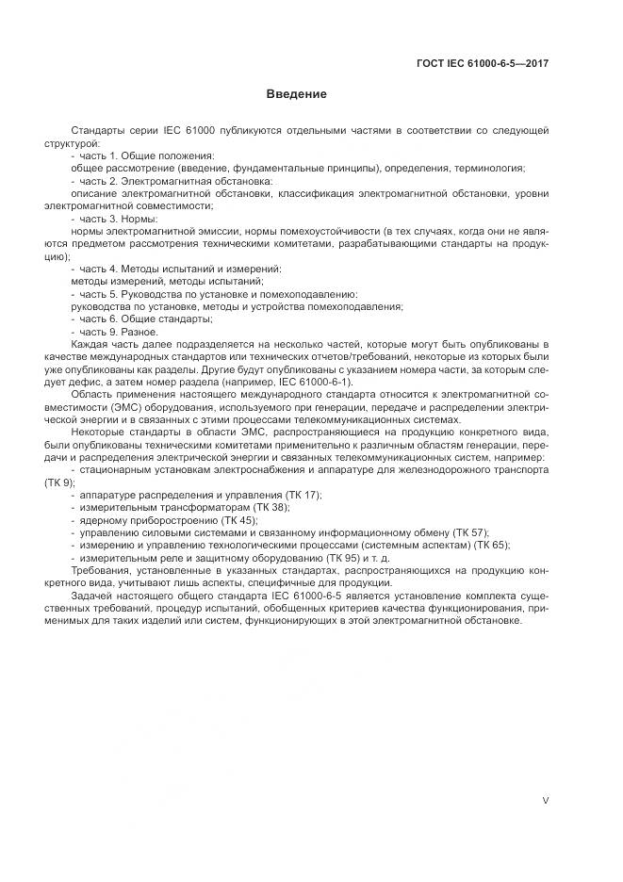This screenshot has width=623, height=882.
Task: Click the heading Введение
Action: pyautogui.click(x=296, y=94)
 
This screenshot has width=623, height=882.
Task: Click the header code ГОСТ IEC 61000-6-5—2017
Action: pyautogui.click(x=483, y=64)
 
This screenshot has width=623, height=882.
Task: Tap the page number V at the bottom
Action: pyautogui.click(x=546, y=800)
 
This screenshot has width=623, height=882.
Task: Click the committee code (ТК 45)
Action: pyautogui.click(x=236, y=519)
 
